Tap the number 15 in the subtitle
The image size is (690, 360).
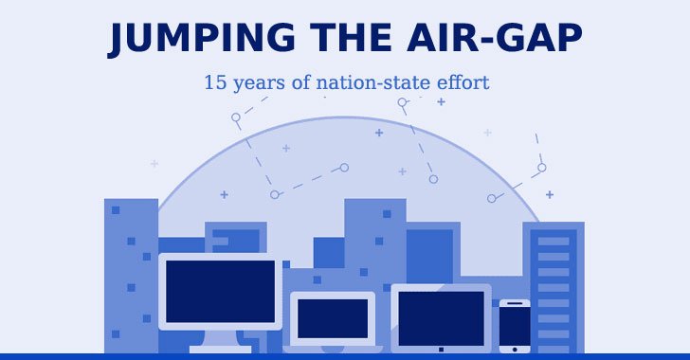[213, 82]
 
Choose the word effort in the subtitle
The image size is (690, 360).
[461, 82]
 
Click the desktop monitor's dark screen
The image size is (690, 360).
[220, 291]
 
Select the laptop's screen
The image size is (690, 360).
[332, 317]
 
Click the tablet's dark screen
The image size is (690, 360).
[441, 317]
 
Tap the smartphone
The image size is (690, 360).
[515, 327]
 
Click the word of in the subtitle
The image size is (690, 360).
[301, 82]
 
